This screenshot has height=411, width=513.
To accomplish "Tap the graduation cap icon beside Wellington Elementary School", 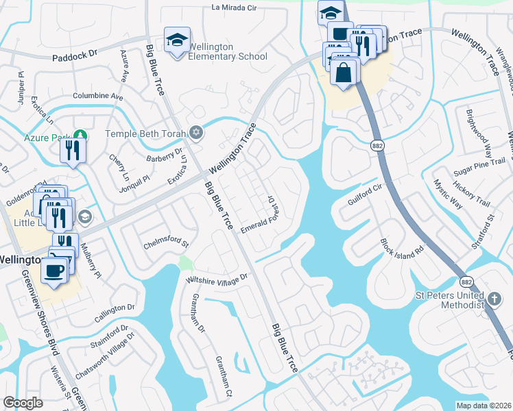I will tap(176, 41).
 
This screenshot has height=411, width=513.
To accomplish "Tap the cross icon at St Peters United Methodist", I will tap(494, 299).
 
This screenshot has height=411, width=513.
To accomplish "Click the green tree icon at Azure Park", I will tap(80, 137).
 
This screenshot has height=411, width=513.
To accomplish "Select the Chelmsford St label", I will tap(165, 243).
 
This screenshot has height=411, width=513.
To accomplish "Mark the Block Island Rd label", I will tap(405, 248).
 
